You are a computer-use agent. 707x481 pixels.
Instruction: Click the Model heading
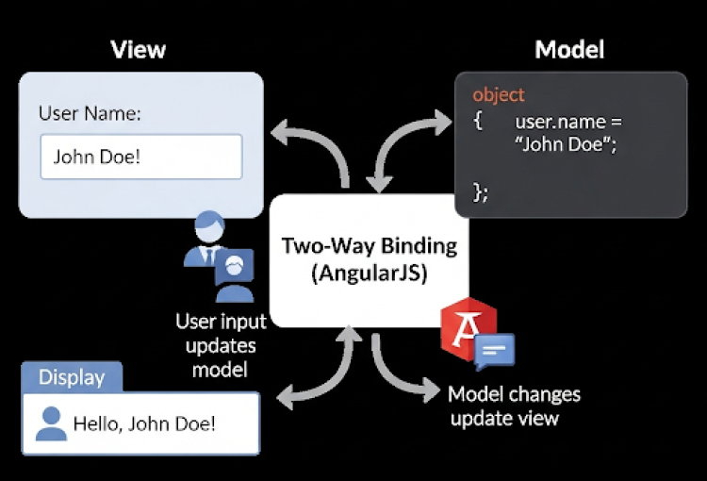(569, 49)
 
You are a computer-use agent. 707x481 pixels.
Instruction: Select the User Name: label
(90, 114)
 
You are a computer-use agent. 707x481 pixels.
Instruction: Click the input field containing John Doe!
(140, 157)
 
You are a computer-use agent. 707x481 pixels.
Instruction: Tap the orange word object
(499, 95)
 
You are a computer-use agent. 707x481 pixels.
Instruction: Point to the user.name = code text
(568, 122)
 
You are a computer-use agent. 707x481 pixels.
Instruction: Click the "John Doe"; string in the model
(566, 146)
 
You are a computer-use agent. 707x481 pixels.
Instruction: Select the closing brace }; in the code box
(481, 192)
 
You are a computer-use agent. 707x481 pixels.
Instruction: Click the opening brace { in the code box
(478, 122)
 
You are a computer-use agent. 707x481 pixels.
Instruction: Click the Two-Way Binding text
(370, 246)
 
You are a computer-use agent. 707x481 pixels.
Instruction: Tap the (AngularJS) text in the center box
(370, 275)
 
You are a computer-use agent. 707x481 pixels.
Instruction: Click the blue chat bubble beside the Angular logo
(496, 352)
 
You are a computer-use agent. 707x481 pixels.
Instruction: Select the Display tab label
(72, 377)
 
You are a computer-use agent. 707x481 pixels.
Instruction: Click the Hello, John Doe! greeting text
(144, 423)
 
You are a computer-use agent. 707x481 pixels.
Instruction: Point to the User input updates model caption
(221, 345)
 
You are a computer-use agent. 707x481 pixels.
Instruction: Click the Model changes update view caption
(514, 406)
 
